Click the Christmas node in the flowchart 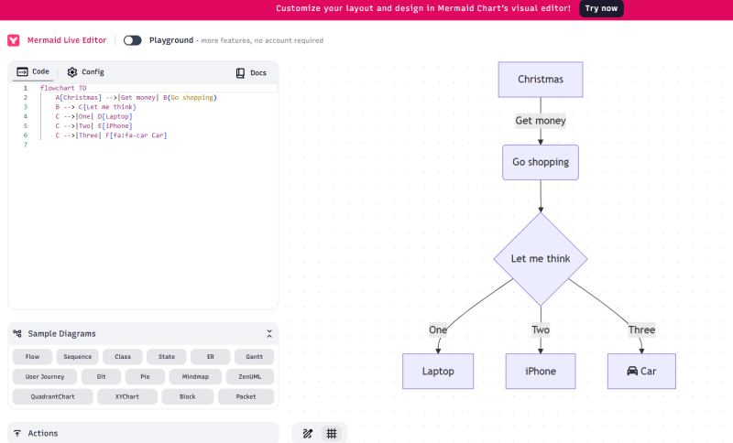[541, 80]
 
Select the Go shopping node [541, 162]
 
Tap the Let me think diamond [541, 259]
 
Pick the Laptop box [438, 372]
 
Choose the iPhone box [541, 372]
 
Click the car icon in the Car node [631, 372]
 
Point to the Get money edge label [541, 121]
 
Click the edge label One [438, 330]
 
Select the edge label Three [641, 330]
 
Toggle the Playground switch [133, 40]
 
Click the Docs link [251, 72]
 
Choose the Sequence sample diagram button [78, 357]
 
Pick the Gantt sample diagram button [254, 357]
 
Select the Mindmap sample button [195, 376]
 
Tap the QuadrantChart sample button [52, 396]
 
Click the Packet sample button [246, 396]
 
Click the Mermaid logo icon [14, 40]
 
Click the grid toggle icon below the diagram [332, 433]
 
